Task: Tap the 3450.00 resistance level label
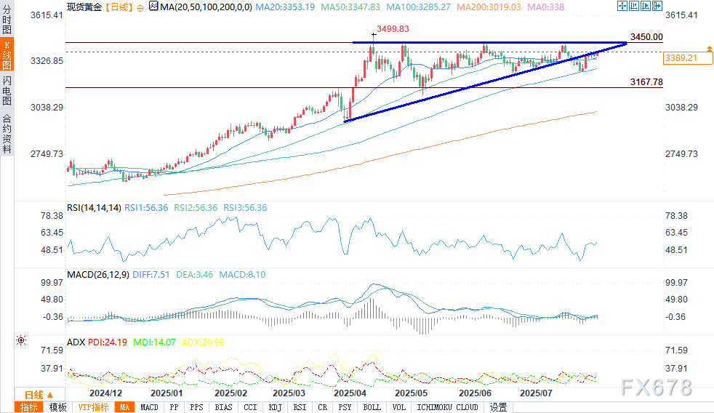(647, 37)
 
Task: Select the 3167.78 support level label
(647, 82)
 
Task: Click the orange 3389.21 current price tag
(681, 57)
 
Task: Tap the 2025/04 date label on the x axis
(349, 391)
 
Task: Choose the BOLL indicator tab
(372, 407)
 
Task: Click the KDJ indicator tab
(275, 407)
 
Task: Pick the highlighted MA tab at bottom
(125, 407)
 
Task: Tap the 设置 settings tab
(498, 407)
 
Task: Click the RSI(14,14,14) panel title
(93, 208)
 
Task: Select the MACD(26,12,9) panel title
(97, 274)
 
